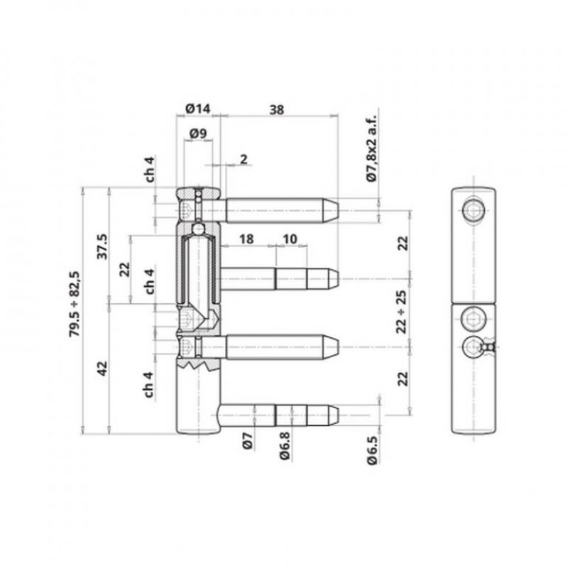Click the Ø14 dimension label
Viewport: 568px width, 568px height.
point(198,109)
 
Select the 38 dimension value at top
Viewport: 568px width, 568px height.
point(277,110)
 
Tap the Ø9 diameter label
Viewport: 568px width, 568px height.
point(198,133)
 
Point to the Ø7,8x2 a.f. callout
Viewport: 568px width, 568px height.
point(371,148)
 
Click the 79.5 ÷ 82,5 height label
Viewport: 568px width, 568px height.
point(75,304)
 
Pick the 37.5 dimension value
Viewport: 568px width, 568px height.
point(102,246)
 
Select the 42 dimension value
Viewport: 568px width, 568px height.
point(103,368)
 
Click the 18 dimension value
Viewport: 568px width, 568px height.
point(246,239)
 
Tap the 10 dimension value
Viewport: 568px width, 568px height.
point(290,239)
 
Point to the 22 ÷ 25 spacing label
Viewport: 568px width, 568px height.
point(402,312)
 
